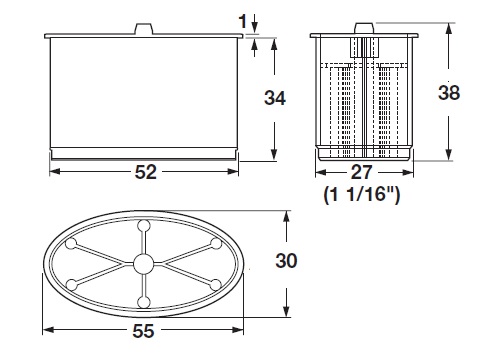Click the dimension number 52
coord(145,172)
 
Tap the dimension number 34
coord(275,98)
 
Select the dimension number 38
coord(449,92)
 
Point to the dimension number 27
coord(362,172)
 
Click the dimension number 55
coord(143,331)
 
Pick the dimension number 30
coord(286,260)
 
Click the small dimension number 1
coord(243,22)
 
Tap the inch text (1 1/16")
coord(362,194)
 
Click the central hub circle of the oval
coord(143,264)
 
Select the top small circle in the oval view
coord(144,226)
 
